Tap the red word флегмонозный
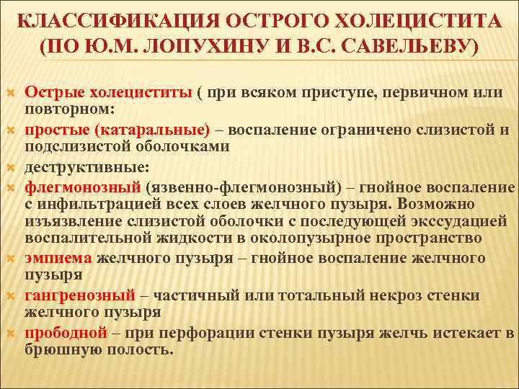(x=83, y=187)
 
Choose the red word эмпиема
(x=58, y=258)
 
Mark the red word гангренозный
(x=80, y=295)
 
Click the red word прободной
(x=66, y=332)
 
